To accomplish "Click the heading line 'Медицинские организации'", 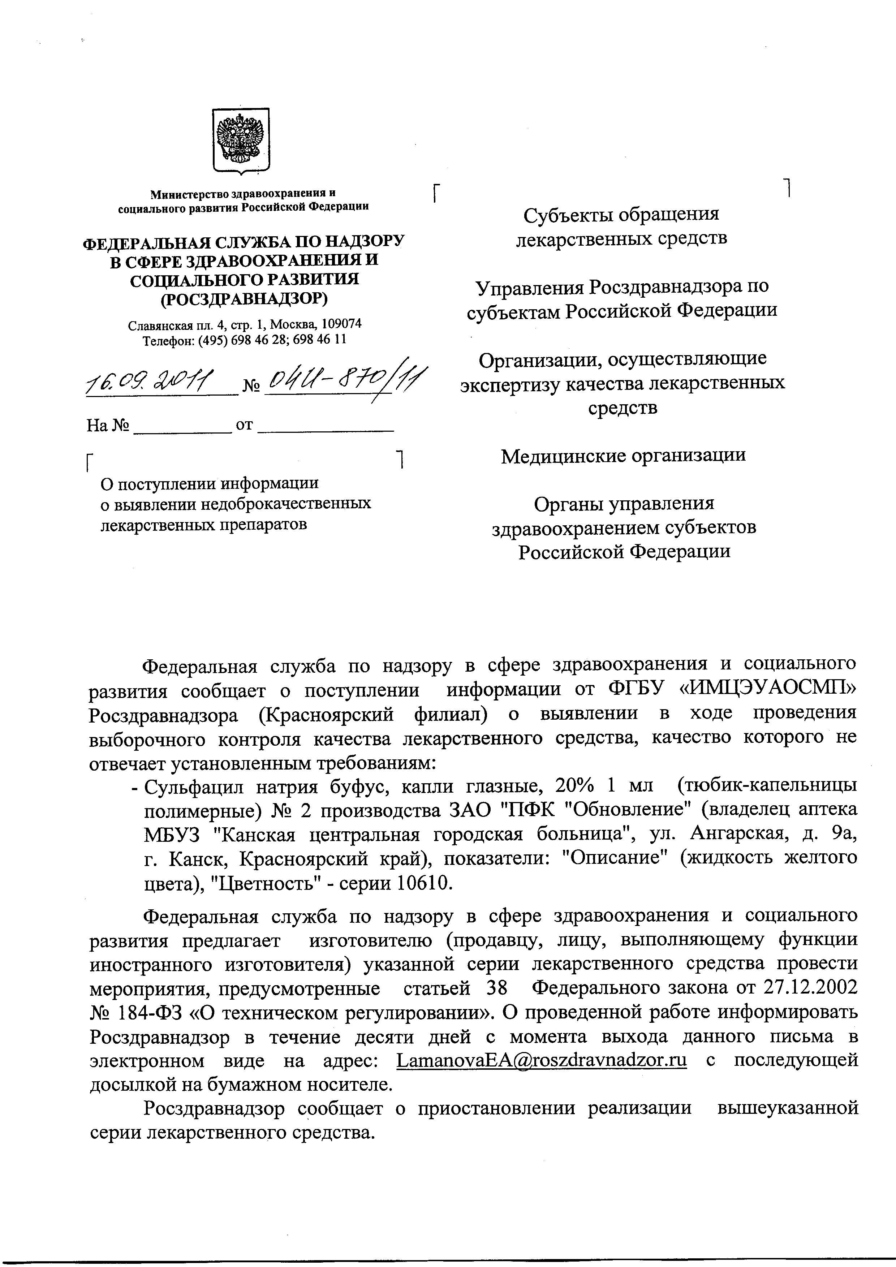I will coord(623,456).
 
